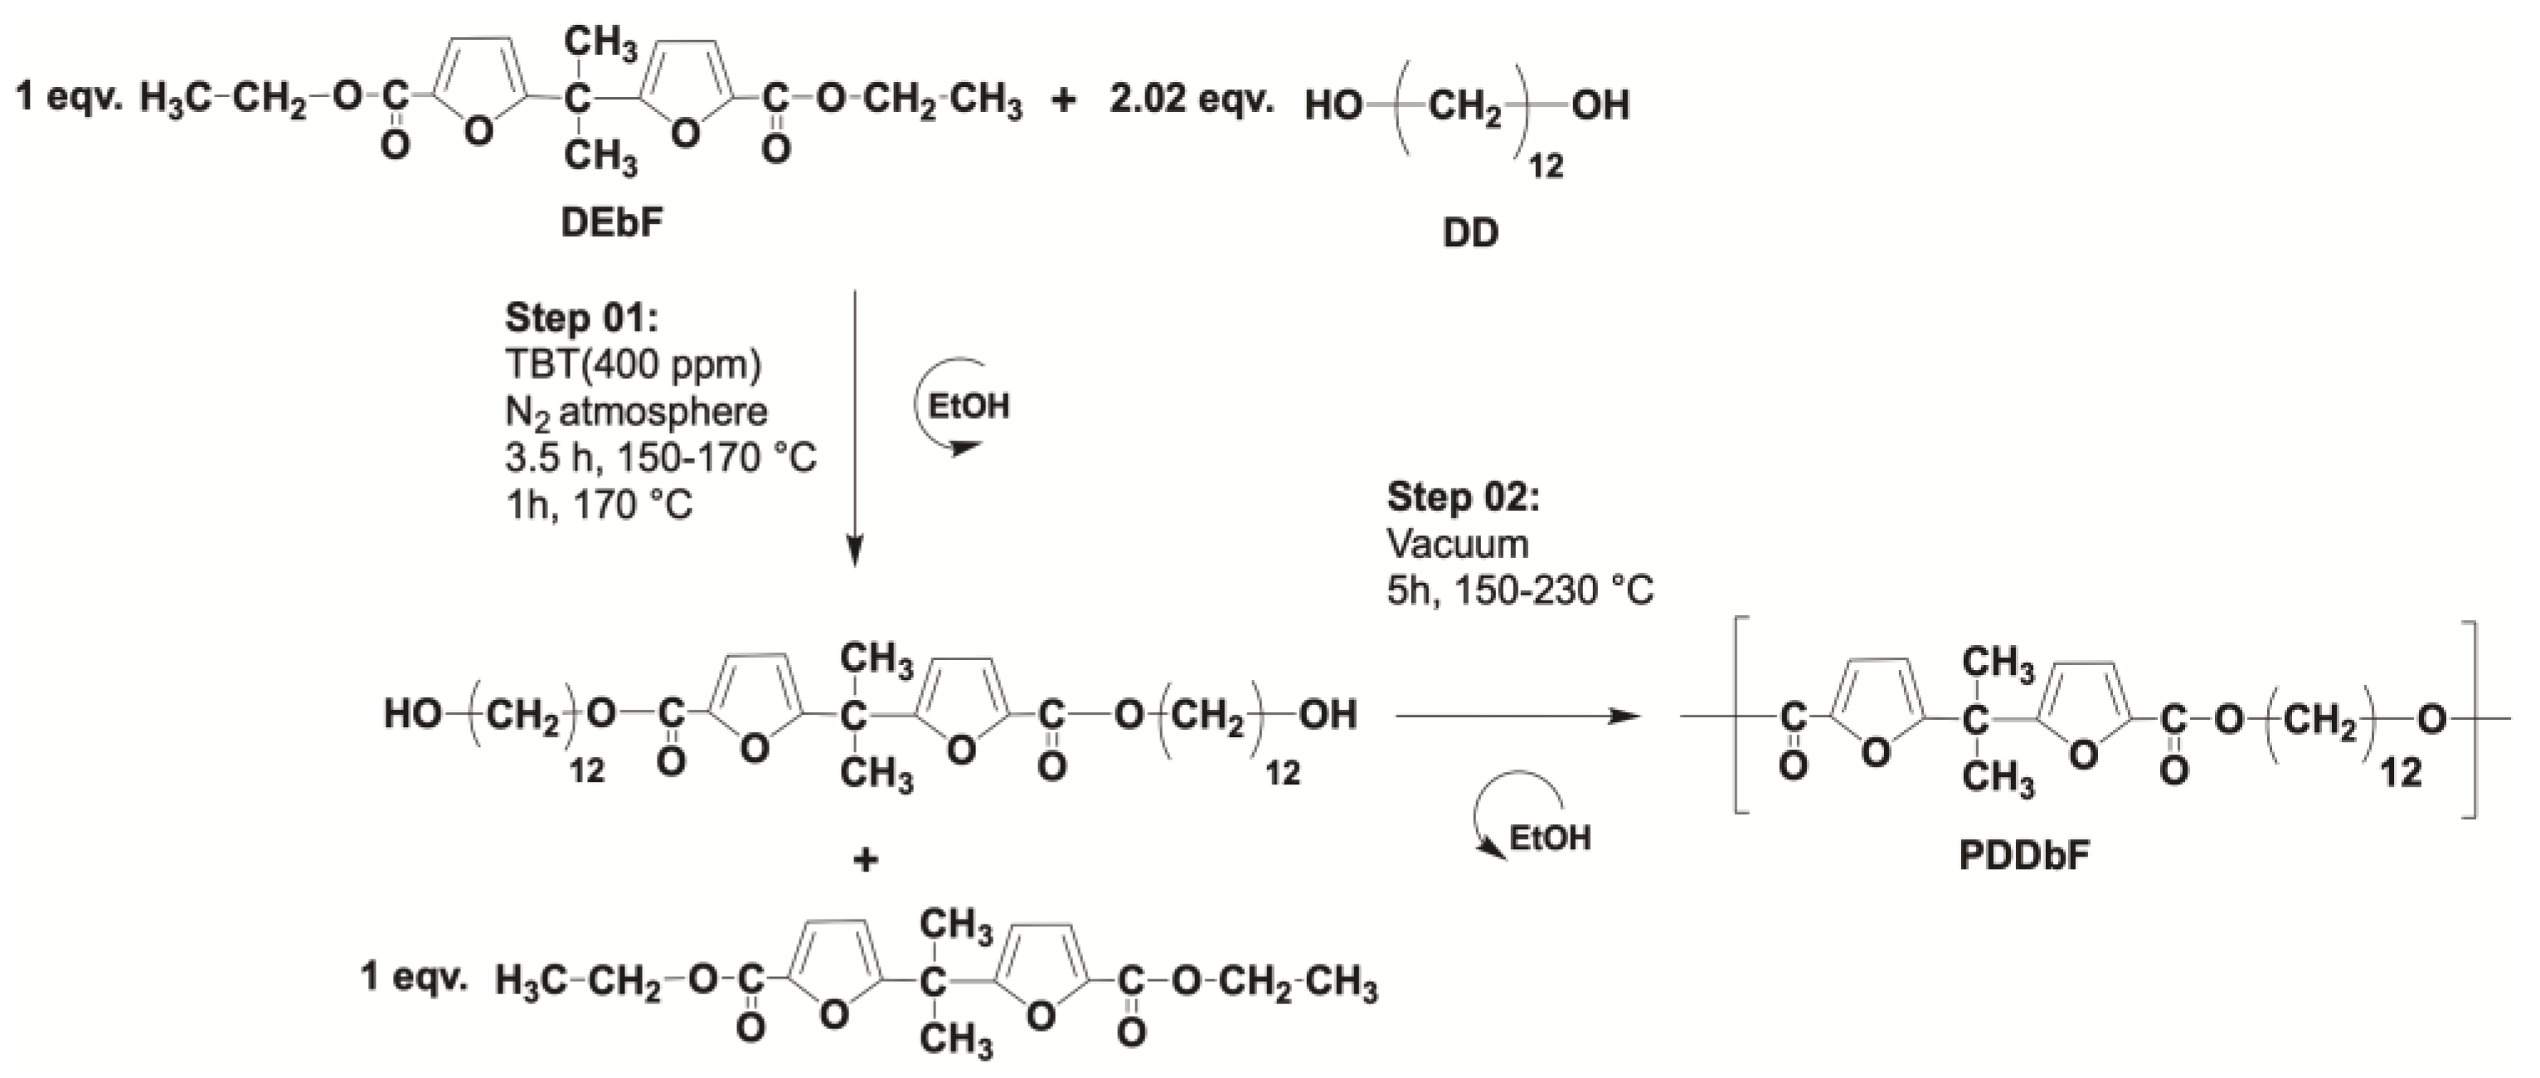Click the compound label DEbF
[x=611, y=224]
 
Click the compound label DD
[x=1470, y=234]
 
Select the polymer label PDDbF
[x=2024, y=855]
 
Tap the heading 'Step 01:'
[x=580, y=318]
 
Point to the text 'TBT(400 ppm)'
[x=633, y=364]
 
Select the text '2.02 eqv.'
[x=1191, y=100]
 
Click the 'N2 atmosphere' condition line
[x=636, y=411]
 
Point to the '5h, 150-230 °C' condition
[x=1519, y=590]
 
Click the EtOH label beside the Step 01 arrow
[x=969, y=406]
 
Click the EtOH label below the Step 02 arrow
[x=1550, y=838]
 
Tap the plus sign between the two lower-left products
[x=865, y=860]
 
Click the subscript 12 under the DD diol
[x=1545, y=166]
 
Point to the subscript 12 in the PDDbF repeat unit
[x=2401, y=772]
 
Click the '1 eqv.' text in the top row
[x=68, y=98]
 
